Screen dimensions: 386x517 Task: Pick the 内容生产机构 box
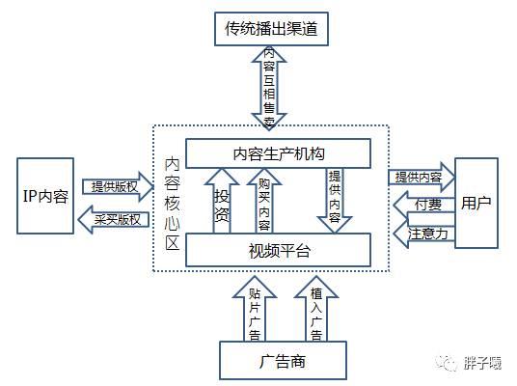[277, 153]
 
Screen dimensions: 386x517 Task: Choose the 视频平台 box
[277, 251]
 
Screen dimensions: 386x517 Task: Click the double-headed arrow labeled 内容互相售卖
[269, 87]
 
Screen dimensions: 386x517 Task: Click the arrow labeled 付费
[422, 205]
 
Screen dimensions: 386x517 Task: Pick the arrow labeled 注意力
[422, 233]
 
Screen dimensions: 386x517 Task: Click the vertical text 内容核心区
[172, 203]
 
